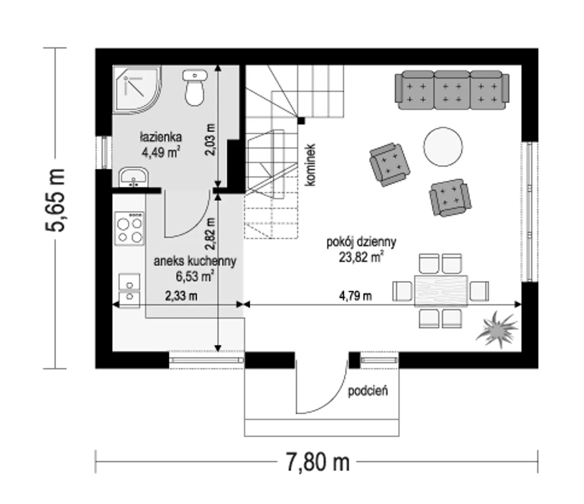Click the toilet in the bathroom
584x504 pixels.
point(195,88)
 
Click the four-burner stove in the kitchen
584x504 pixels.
point(130,229)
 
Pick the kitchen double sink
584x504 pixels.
point(130,291)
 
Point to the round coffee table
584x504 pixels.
point(443,146)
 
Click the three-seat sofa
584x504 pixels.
point(452,90)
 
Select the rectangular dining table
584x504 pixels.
point(441,291)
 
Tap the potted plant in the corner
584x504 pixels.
point(497,329)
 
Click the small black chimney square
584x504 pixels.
point(301,121)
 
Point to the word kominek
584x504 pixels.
point(310,165)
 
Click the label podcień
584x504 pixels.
point(368,391)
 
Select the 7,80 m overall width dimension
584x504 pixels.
point(318,462)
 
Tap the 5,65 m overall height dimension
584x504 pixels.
point(55,200)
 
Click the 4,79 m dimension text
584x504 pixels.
point(355,296)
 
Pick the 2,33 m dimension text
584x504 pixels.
point(181,296)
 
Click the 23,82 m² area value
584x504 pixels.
point(361,257)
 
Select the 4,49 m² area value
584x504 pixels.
point(161,152)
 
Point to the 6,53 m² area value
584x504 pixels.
point(195,276)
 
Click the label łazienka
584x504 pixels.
point(161,137)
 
